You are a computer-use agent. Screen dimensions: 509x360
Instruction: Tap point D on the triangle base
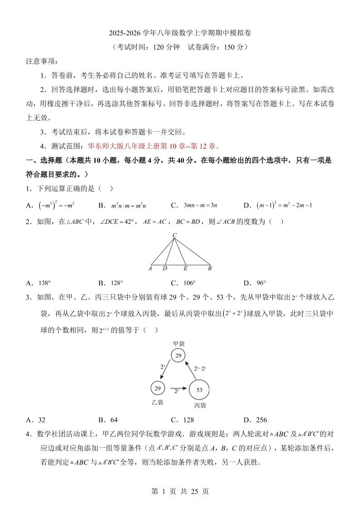[x=165, y=269]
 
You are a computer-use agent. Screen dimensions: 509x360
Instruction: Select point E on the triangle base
[x=185, y=269]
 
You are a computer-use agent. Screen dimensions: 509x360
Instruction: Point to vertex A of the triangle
[x=150, y=269]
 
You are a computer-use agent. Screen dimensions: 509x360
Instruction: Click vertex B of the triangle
[x=210, y=269]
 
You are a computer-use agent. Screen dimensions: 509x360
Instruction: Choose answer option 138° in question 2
[x=44, y=283]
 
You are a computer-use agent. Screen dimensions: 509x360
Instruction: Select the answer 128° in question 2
[x=117, y=283]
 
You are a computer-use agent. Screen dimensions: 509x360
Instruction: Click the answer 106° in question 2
[x=189, y=283]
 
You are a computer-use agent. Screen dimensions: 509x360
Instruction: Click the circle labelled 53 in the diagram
[x=199, y=390]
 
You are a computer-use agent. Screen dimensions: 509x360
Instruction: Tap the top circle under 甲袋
[x=178, y=356]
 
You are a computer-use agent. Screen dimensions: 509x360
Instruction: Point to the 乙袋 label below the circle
[x=157, y=402]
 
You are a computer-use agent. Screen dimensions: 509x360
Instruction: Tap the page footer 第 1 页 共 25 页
[x=180, y=491]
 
